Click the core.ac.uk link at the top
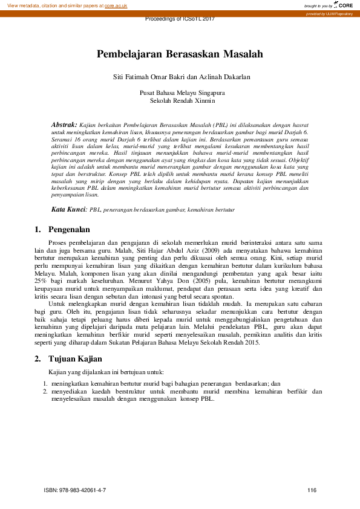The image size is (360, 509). pyautogui.click(x=115, y=5)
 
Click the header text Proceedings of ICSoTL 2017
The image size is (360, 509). pyautogui.click(x=180, y=19)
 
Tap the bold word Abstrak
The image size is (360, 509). pyautogui.click(x=64, y=123)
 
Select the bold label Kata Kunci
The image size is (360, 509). pyautogui.click(x=69, y=209)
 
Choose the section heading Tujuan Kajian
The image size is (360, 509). pyautogui.click(x=75, y=358)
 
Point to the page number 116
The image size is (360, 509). pyautogui.click(x=312, y=490)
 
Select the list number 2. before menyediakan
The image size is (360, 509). pyautogui.click(x=45, y=391)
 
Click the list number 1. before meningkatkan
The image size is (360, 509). pyautogui.click(x=45, y=383)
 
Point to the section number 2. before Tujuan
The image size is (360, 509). pyautogui.click(x=38, y=358)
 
